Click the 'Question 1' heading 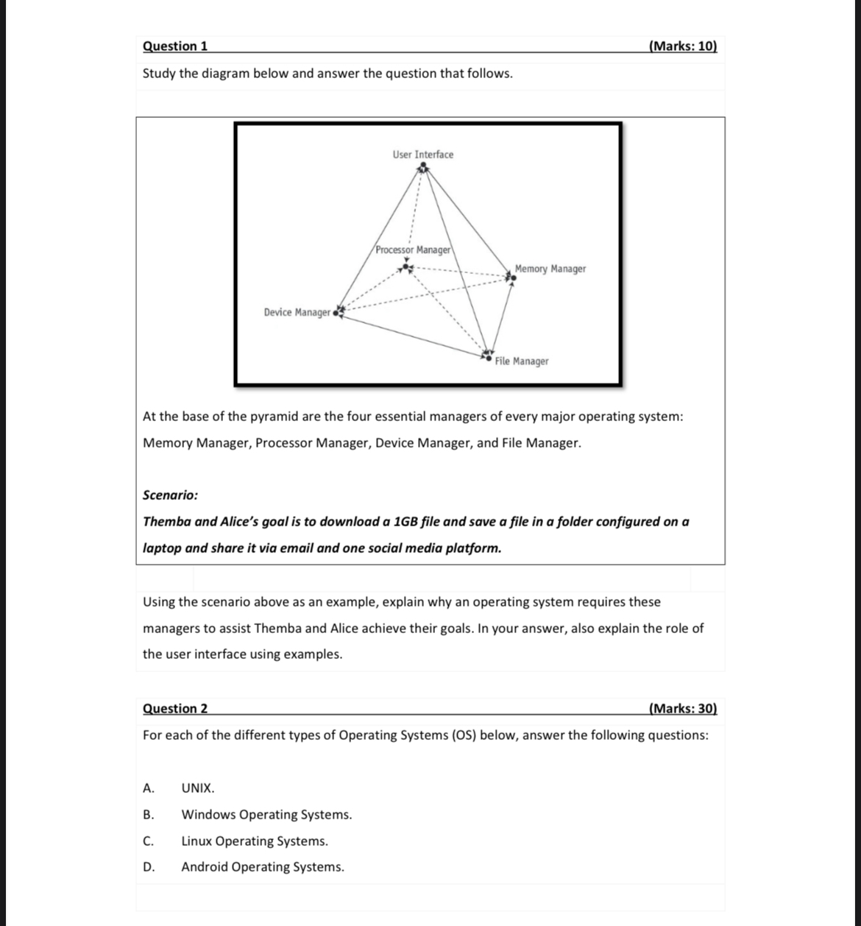coord(175,46)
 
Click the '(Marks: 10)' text coord(683,46)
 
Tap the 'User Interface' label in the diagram coord(423,155)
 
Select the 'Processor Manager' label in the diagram coord(413,250)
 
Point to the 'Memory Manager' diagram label coord(550,269)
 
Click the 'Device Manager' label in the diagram coord(297,313)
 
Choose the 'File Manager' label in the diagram coord(522,361)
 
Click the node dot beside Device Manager coord(336,313)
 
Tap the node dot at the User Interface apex coord(422,166)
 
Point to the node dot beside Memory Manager coord(514,278)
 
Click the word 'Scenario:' coord(170,495)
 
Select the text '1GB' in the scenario coord(407,522)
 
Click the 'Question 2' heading coord(175,709)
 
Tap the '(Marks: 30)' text coord(683,709)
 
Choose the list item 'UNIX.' coord(198,788)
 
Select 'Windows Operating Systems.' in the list coord(266,815)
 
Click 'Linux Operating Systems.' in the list coord(255,841)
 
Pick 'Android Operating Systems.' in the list coord(263,867)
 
